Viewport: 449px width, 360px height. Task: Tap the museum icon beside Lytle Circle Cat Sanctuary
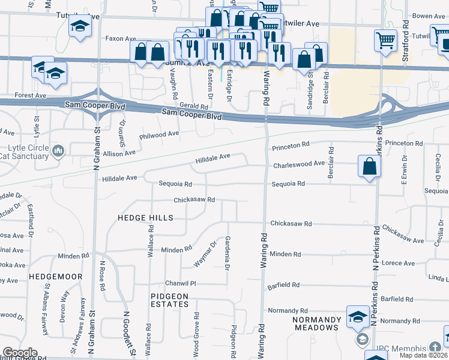coord(58,150)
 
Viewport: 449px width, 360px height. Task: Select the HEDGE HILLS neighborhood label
coord(145,218)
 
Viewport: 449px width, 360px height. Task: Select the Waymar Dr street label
coord(205,254)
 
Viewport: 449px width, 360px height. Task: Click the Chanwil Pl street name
coord(181,283)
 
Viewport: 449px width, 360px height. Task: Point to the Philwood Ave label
coord(159,134)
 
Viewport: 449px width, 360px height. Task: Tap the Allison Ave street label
coord(119,154)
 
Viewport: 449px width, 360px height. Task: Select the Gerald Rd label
coord(185,106)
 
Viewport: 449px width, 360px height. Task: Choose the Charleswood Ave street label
coord(299,163)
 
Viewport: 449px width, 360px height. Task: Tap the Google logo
coord(19,353)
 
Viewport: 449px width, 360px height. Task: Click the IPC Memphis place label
coord(399,348)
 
